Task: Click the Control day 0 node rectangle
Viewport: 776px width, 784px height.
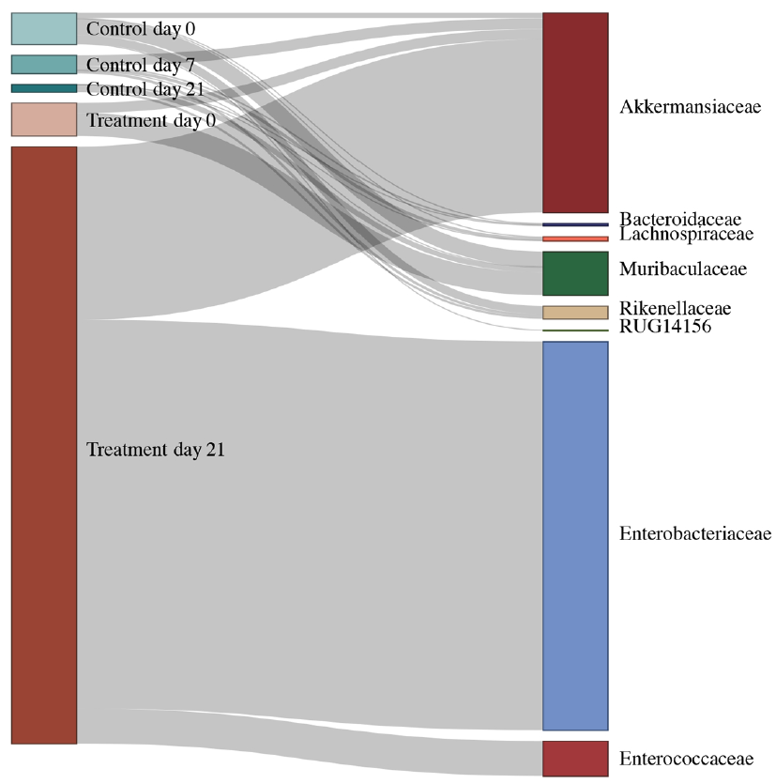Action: tap(43, 28)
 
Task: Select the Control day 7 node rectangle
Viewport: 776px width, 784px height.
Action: tap(43, 65)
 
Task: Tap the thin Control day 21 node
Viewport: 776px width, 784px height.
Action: tap(43, 88)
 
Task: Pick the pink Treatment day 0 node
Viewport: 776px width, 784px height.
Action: tap(43, 119)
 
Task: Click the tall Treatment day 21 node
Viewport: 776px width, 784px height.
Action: tap(43, 445)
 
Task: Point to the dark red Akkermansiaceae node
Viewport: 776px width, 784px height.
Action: tap(575, 113)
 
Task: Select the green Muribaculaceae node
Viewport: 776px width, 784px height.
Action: tap(575, 273)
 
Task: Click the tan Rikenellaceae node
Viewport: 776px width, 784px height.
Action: tap(575, 313)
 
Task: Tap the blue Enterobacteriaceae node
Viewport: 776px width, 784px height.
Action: tap(575, 535)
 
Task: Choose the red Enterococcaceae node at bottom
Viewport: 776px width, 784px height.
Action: tap(575, 758)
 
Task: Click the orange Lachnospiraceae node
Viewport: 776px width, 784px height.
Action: tap(575, 238)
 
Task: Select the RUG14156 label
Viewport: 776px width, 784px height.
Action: tap(665, 327)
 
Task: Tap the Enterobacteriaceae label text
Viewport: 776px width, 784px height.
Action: tap(694, 534)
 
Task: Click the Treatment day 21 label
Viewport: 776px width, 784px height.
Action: tap(156, 450)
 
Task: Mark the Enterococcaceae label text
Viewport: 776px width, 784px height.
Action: tap(687, 758)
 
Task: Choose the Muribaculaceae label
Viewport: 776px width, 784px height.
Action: tap(682, 269)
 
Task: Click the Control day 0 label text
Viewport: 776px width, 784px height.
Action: tap(141, 29)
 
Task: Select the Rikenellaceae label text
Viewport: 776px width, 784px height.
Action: tap(675, 309)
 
